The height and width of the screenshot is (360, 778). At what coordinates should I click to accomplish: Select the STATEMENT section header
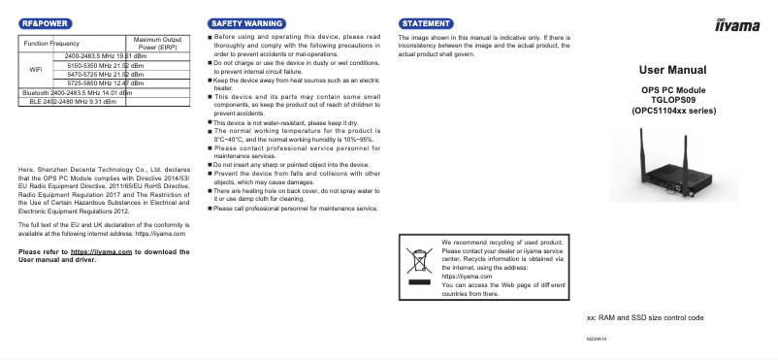426,21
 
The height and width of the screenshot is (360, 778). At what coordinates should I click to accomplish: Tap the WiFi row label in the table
36,70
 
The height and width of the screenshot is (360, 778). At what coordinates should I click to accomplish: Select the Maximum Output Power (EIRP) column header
158,43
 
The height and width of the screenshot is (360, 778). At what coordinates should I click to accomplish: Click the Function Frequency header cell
51,44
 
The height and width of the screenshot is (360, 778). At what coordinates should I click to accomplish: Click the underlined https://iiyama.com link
101,251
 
